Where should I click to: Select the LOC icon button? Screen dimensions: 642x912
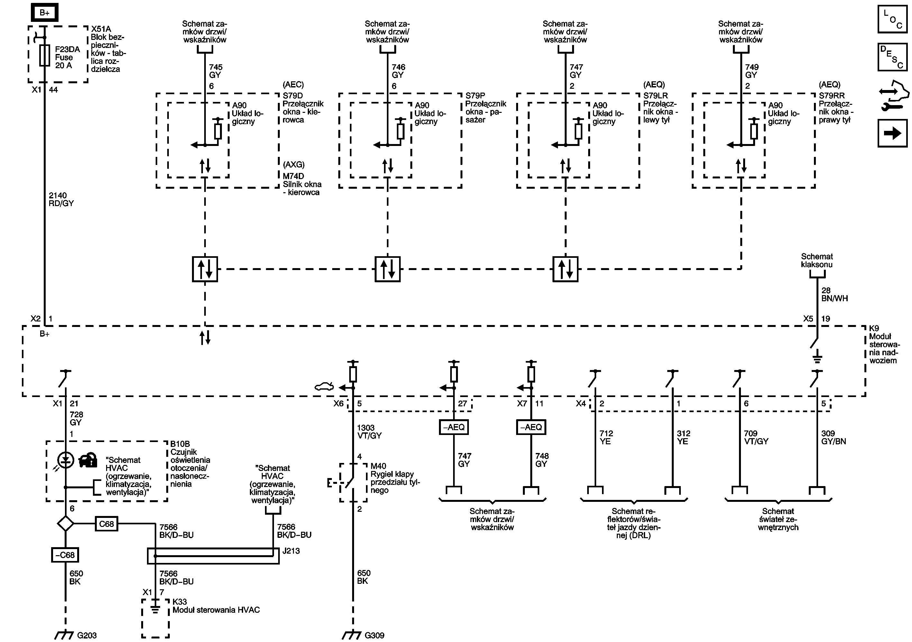(892, 19)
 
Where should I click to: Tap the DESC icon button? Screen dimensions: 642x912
(892, 57)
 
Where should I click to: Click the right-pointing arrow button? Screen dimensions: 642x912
(892, 133)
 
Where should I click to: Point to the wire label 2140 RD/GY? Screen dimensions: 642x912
(61, 199)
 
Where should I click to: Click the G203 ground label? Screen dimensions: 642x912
(87, 635)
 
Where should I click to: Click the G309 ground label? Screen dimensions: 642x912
(374, 635)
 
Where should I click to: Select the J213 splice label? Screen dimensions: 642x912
(291, 551)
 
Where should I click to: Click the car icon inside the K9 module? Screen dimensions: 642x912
(324, 386)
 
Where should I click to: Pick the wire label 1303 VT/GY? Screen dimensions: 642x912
(369, 431)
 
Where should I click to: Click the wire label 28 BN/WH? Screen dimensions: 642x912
(834, 294)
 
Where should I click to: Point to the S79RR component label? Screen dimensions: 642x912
(831, 96)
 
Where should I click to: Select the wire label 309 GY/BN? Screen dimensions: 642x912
(833, 437)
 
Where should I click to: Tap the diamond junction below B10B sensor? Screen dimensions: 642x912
(65, 524)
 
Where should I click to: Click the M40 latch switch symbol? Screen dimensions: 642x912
(350, 483)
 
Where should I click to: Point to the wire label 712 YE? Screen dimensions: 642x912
(606, 437)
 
